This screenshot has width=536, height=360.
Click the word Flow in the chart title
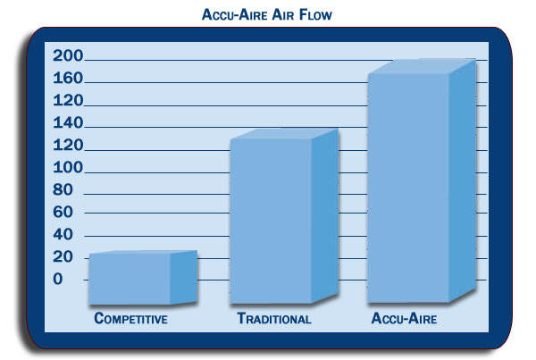[x=315, y=14]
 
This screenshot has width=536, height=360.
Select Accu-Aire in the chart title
[x=234, y=14]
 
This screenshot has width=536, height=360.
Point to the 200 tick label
[x=68, y=55]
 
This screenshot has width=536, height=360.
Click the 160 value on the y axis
[x=68, y=79]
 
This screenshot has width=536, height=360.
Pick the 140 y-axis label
[x=68, y=122]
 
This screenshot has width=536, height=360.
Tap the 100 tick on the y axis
[x=68, y=168]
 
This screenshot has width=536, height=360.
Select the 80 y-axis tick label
[x=63, y=189]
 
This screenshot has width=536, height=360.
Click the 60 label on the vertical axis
[x=63, y=213]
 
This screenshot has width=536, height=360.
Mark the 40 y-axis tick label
[x=63, y=235]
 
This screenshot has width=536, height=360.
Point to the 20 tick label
[x=63, y=256]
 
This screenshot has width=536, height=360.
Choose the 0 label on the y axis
[x=58, y=280]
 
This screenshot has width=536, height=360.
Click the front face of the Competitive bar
[x=130, y=279]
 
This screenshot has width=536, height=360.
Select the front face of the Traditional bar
[x=271, y=221]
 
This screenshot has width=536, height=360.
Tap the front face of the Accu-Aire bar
[x=408, y=188]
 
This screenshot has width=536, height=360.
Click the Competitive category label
[x=130, y=318]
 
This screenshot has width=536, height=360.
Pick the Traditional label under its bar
[x=274, y=318]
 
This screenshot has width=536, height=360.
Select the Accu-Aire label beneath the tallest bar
[x=404, y=318]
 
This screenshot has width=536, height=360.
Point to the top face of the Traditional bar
[x=285, y=134]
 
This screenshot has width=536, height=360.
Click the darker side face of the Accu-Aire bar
[x=463, y=180]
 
